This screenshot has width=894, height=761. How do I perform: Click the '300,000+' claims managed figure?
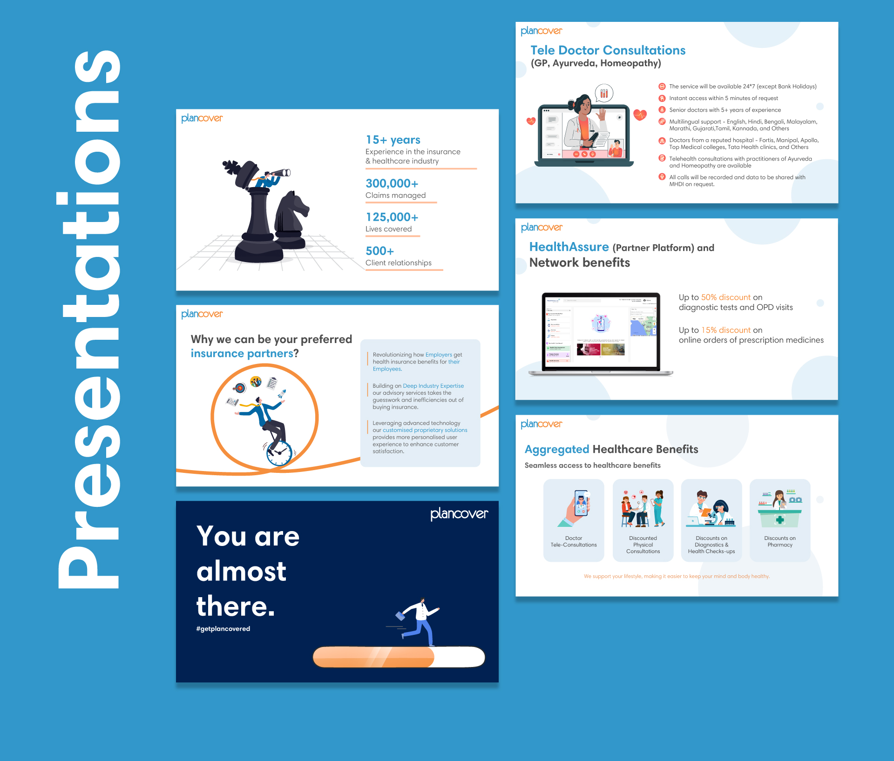coord(392,183)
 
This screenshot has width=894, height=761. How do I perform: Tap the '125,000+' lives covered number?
coord(392,217)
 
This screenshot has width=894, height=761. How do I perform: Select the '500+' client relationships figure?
coord(379,251)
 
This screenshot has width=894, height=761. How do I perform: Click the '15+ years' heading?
coord(393,140)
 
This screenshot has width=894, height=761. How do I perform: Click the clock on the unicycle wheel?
coord(279,453)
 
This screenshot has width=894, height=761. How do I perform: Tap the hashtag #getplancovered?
coord(223,628)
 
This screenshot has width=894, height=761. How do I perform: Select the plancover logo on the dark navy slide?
coord(459,514)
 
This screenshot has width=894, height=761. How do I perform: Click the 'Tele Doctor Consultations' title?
coord(608,50)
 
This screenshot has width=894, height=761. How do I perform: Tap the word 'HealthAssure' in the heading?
coord(569,247)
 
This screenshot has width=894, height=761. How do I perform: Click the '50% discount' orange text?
coord(725,297)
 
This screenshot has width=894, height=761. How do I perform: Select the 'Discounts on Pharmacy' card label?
coord(779,541)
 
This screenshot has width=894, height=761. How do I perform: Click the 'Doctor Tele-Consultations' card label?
coord(574,541)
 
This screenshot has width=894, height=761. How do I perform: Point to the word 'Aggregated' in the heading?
coord(557,449)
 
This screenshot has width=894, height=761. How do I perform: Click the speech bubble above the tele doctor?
coord(604,93)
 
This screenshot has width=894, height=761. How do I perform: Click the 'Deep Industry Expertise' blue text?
coord(433,386)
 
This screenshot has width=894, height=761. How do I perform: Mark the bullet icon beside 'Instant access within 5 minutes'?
coord(662,98)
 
